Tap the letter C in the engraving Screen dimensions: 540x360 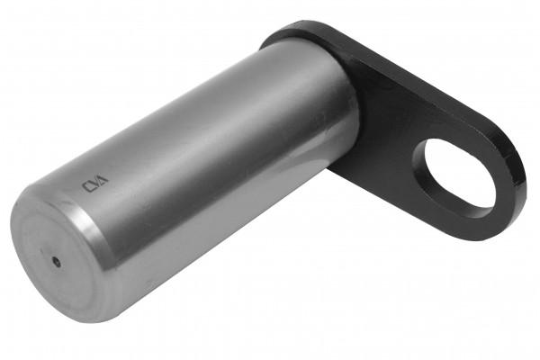86,186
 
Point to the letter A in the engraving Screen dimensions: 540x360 103,179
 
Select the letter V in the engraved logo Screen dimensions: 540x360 94,184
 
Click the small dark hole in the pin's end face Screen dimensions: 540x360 56,262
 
